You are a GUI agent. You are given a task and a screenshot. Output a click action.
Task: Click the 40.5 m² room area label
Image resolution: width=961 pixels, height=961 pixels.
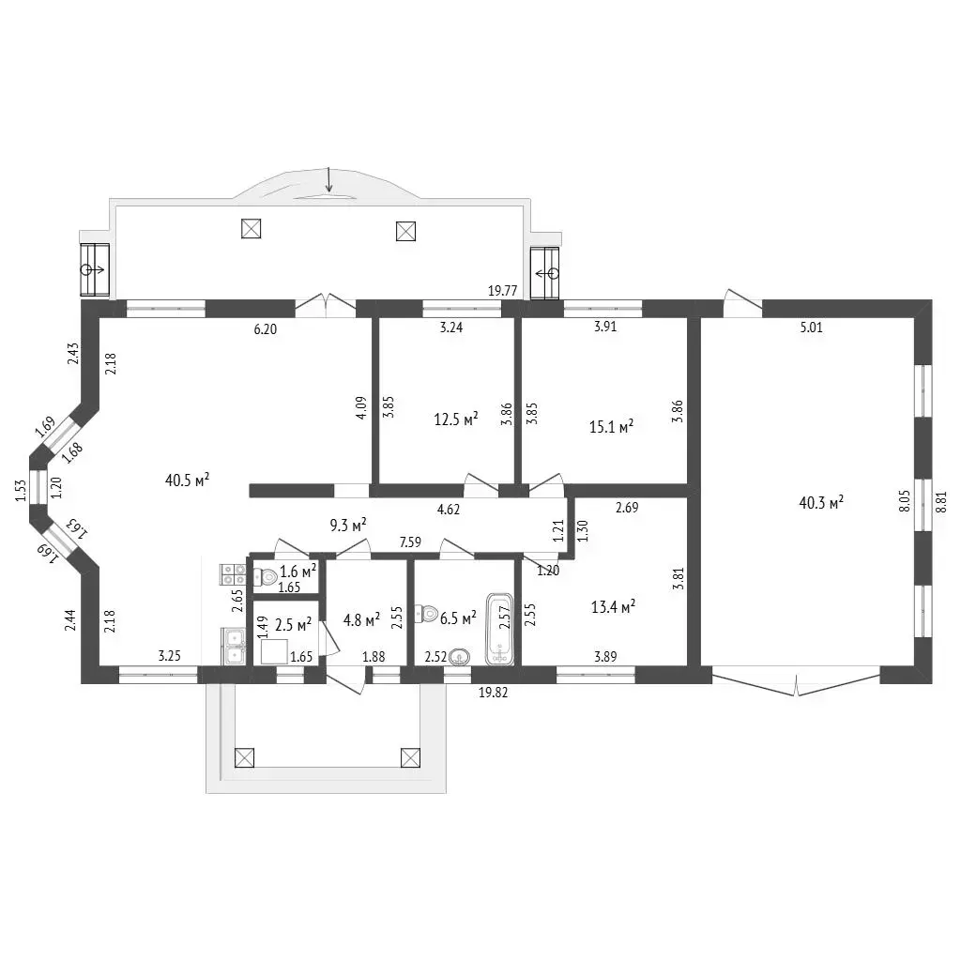(x=188, y=480)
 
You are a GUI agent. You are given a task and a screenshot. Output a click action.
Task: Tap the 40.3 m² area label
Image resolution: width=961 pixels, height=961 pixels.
(x=821, y=503)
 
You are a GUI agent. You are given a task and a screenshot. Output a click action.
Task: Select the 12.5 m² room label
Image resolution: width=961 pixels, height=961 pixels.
(x=456, y=419)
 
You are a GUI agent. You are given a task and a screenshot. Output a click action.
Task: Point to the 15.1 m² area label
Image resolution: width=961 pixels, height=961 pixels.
(x=611, y=426)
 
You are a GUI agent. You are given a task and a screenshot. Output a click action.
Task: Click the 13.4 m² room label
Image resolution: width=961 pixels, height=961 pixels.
(x=613, y=607)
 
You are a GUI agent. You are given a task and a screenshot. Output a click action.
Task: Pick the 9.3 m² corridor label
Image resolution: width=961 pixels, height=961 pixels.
(x=348, y=525)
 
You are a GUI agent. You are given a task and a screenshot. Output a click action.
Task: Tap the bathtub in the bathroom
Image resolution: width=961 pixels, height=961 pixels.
(x=499, y=629)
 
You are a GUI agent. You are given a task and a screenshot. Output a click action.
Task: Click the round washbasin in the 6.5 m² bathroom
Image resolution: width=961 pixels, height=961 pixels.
(x=460, y=658)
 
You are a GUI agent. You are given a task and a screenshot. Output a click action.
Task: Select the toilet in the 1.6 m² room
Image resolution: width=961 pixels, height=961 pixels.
(x=265, y=576)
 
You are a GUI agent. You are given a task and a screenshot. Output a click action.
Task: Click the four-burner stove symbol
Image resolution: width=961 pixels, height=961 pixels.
(x=233, y=574)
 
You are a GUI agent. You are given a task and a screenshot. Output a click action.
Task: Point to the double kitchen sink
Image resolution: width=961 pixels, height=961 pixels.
(x=234, y=647)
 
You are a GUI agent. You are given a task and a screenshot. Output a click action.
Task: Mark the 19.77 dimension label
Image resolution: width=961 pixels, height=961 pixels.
(x=503, y=291)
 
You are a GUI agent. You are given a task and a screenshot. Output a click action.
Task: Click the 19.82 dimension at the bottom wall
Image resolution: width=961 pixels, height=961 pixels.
(x=493, y=693)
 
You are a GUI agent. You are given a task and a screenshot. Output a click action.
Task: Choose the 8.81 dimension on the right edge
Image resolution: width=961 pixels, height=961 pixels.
(x=941, y=501)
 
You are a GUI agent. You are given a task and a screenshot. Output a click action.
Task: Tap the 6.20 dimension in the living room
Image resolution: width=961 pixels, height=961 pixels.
(x=266, y=329)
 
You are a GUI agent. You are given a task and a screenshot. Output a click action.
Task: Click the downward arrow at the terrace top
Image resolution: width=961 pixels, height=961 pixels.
(x=329, y=179)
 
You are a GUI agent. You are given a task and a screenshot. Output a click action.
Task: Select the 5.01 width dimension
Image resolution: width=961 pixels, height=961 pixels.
(x=812, y=328)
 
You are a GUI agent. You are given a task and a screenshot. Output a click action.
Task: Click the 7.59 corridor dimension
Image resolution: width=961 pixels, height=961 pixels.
(x=410, y=542)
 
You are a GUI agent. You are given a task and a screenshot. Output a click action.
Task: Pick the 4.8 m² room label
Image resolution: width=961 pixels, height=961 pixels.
(x=361, y=619)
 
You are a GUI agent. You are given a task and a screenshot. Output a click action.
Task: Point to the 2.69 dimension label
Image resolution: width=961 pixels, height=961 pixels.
(x=627, y=507)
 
